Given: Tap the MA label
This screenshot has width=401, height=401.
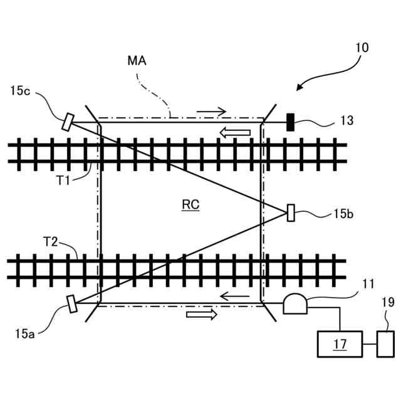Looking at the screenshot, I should click(137, 61).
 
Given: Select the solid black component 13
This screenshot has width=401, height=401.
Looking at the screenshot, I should click(291, 122).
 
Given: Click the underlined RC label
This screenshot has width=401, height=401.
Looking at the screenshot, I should click(190, 204).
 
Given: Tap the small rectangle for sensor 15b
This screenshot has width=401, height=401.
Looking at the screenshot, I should click(291, 213).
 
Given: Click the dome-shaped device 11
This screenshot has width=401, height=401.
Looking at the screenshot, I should click(294, 304).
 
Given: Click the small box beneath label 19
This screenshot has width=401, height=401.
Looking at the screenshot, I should click(385, 343).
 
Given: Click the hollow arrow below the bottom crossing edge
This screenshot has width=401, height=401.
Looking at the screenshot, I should click(202, 315).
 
